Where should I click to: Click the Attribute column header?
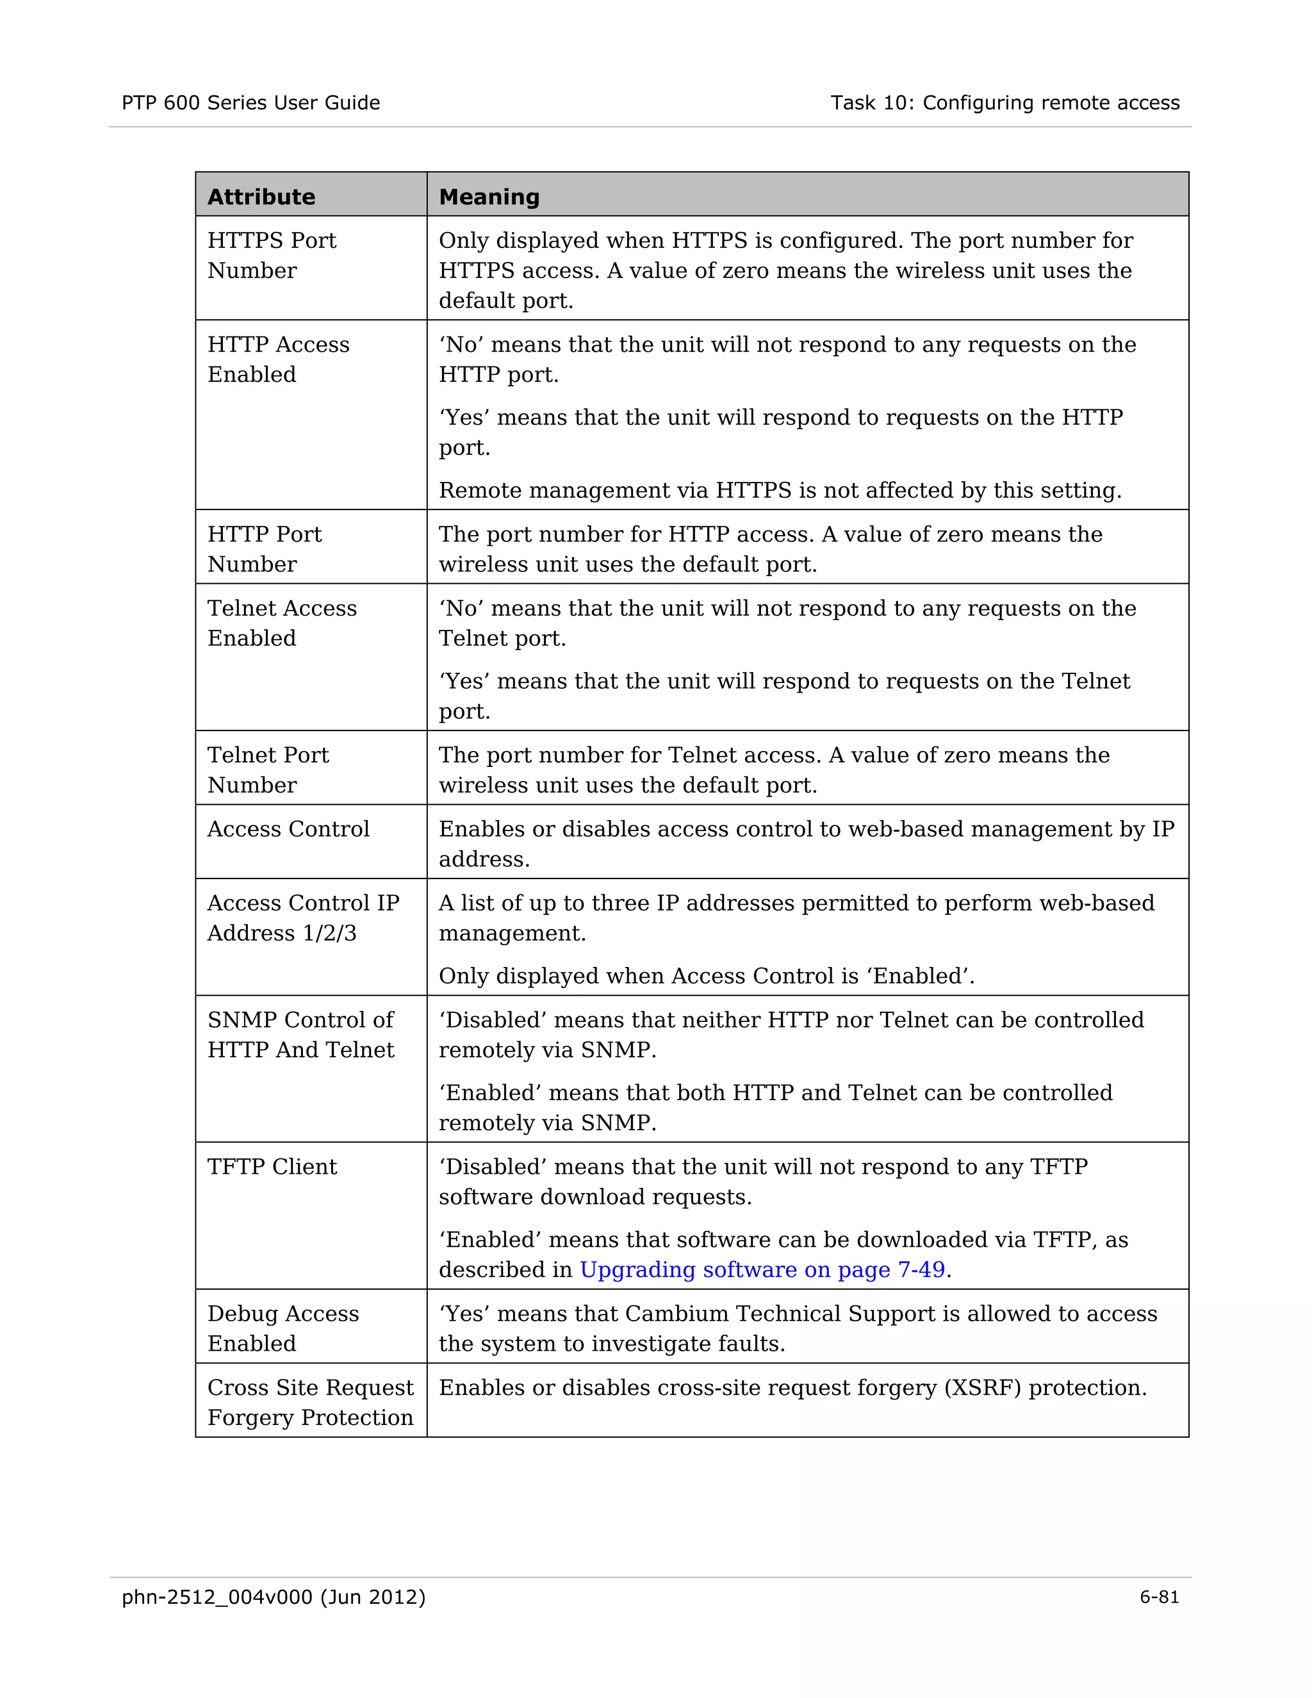click(x=261, y=197)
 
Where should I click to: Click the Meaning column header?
click(x=489, y=197)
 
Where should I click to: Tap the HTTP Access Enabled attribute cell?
click(x=278, y=359)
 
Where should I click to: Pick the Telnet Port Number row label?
click(x=268, y=770)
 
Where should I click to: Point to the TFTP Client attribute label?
click(x=272, y=1166)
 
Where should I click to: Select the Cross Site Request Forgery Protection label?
click(x=310, y=1402)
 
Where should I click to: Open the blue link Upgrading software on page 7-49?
click(x=762, y=1269)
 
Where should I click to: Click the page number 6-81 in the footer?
click(x=1159, y=1597)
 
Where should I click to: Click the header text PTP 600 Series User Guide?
click(x=250, y=103)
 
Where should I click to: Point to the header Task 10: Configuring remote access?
click(x=1004, y=103)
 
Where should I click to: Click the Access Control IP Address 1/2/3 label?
click(x=303, y=918)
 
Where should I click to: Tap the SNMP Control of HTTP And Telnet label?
click(x=301, y=1034)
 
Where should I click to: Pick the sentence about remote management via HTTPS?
click(x=780, y=491)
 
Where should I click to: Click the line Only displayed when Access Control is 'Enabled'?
click(x=706, y=976)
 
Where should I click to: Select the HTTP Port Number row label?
click(x=265, y=549)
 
